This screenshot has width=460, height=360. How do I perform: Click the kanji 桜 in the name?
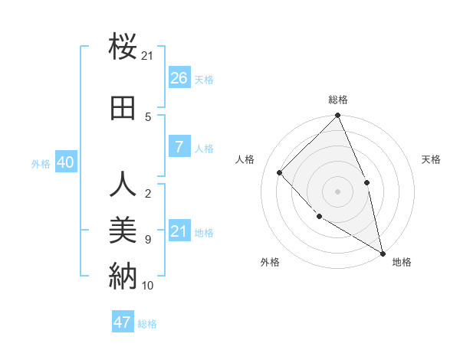(x=123, y=47)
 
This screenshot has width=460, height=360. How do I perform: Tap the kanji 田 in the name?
(x=123, y=109)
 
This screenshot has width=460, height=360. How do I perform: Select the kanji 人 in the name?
(x=123, y=185)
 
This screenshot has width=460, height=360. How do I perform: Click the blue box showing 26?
(x=179, y=78)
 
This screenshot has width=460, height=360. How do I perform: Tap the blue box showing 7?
(x=179, y=147)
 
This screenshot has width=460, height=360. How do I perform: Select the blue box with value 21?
(x=179, y=231)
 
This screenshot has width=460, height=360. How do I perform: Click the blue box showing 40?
(x=65, y=162)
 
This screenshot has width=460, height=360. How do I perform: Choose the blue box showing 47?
(x=123, y=322)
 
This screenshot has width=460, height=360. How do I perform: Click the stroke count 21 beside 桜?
(x=148, y=56)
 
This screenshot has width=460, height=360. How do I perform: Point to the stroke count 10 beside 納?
(x=148, y=286)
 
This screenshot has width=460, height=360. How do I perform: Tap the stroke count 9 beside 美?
(x=148, y=240)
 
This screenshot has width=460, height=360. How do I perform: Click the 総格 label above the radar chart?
(x=338, y=100)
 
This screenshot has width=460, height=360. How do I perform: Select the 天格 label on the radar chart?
(x=431, y=159)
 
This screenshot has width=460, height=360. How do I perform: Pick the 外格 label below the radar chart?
(x=270, y=262)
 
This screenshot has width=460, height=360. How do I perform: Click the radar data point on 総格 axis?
(x=338, y=116)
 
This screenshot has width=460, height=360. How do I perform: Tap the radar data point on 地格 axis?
(x=383, y=252)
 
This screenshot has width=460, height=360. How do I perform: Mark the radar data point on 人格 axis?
(x=280, y=172)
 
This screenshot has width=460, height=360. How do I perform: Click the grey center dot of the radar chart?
(x=338, y=191)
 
